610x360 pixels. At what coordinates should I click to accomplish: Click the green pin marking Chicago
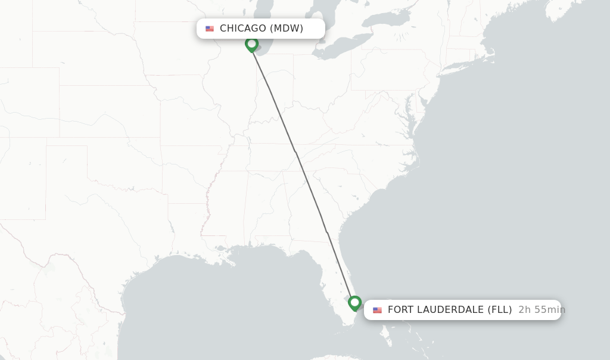252,44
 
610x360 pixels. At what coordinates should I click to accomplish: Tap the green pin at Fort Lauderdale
355,303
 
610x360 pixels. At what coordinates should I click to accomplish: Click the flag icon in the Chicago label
210,29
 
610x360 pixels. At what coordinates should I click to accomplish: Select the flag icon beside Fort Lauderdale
377,310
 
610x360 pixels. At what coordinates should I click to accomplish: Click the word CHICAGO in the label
242,29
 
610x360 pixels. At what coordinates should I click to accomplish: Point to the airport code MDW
287,29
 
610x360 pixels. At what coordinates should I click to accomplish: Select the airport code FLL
500,310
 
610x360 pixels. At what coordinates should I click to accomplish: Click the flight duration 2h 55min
541,310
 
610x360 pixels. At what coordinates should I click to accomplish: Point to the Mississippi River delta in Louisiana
230,262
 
